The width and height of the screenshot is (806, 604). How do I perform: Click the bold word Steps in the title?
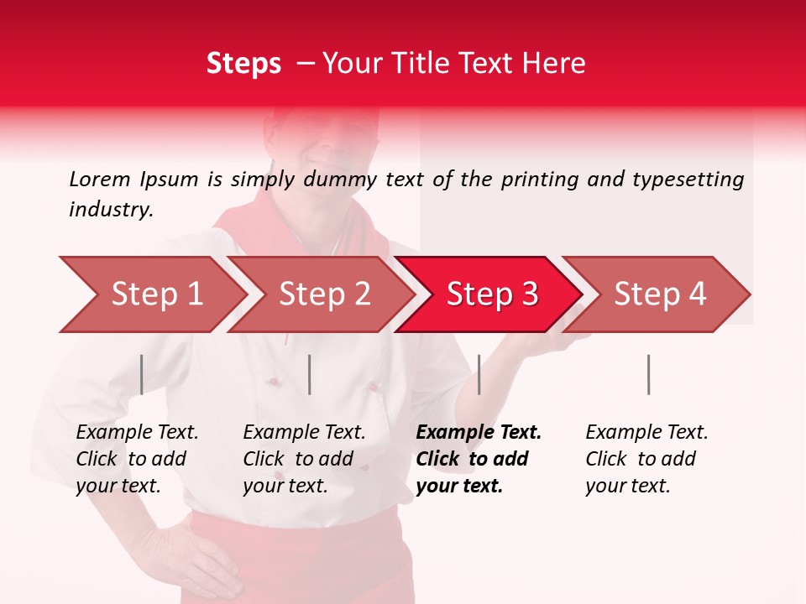coord(243,64)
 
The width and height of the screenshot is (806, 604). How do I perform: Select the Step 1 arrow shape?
coord(151,294)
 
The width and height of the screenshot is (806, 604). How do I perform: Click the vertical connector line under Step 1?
coord(142,374)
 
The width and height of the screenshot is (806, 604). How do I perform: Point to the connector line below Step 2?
coord(310,374)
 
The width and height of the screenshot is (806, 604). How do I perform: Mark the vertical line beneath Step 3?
coord(479,374)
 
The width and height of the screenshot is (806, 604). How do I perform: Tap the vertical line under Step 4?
coord(648,374)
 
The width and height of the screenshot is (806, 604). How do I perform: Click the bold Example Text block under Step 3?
coord(477,459)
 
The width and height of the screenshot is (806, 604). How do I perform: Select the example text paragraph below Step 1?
coord(136,459)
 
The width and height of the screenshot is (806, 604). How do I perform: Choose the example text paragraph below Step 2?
coord(303,459)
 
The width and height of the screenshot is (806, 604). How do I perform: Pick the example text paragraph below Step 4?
coord(646,459)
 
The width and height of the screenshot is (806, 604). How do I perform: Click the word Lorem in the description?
coord(100,179)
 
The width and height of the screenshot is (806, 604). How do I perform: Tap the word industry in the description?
coord(111,210)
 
